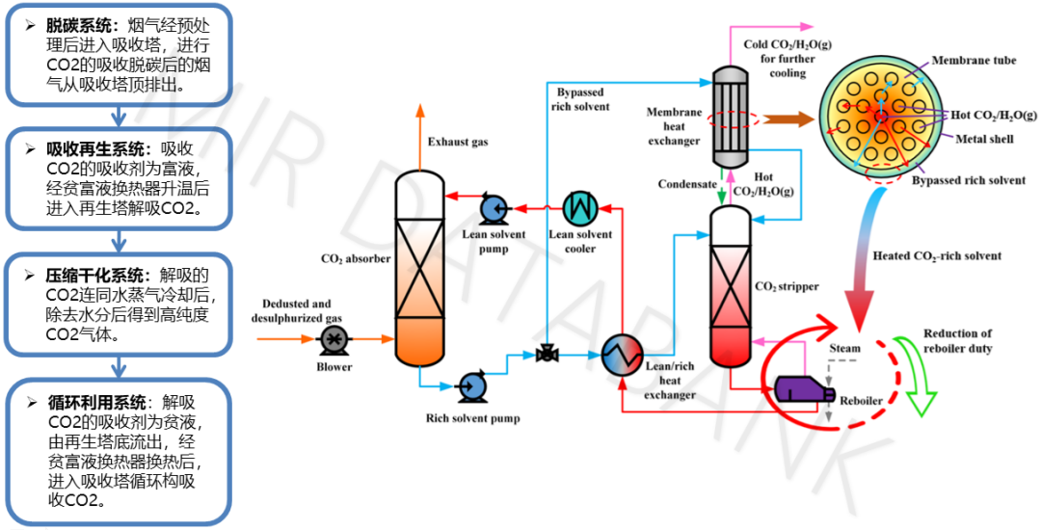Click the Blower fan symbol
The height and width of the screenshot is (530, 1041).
[334, 339]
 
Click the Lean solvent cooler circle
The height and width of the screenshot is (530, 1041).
[580, 206]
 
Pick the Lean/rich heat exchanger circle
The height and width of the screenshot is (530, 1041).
[622, 357]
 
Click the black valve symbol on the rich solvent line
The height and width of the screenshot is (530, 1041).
[547, 356]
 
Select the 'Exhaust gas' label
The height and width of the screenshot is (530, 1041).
[458, 143]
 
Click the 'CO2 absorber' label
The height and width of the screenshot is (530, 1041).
[356, 258]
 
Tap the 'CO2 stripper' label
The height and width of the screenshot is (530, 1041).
[787, 286]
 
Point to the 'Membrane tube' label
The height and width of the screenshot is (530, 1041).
[974, 61]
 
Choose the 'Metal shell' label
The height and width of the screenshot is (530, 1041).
[984, 139]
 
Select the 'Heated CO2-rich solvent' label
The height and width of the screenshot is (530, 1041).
[936, 256]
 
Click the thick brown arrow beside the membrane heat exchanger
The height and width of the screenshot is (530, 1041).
[787, 120]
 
